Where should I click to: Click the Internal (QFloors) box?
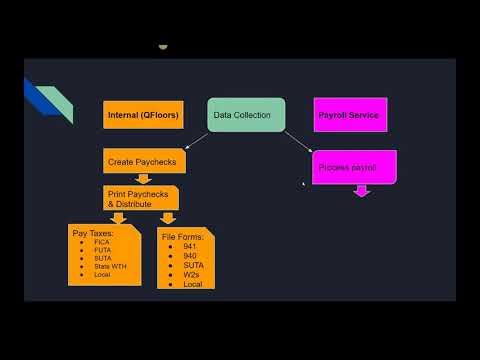142,115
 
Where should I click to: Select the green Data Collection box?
246,115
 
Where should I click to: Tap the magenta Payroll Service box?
348,115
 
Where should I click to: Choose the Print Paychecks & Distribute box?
140,198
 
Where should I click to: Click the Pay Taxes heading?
93,233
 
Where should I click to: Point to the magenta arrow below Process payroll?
362,190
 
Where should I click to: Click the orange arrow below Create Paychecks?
143,178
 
